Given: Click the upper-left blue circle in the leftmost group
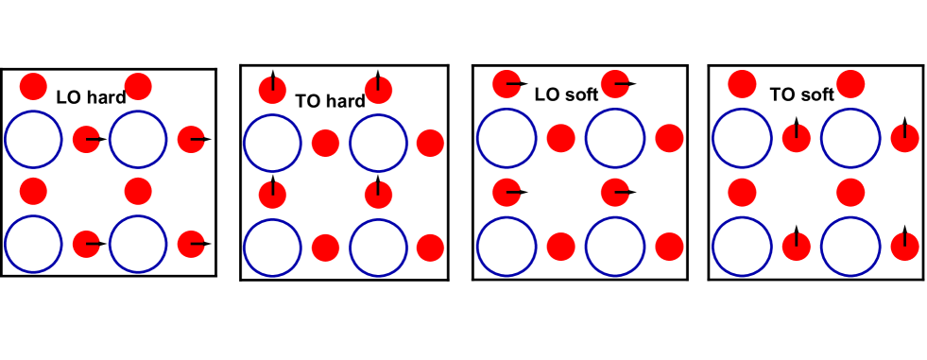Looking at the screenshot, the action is pyautogui.click(x=34, y=139).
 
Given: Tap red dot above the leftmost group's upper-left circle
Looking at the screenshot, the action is pyautogui.click(x=33, y=87).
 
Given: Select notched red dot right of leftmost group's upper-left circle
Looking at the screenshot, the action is pyautogui.click(x=86, y=139).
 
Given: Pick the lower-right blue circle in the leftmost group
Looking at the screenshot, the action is pyautogui.click(x=138, y=244).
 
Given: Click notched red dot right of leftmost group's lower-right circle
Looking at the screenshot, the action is pyautogui.click(x=191, y=244).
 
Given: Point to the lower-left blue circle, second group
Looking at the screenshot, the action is pyautogui.click(x=272, y=248).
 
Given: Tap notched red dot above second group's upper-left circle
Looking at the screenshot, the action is pyautogui.click(x=272, y=91).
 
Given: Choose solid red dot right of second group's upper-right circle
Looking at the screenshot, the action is pyautogui.click(x=430, y=143).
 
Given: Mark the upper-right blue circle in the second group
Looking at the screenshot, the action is pyautogui.click(x=378, y=143).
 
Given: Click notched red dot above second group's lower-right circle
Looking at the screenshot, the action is pyautogui.click(x=378, y=195).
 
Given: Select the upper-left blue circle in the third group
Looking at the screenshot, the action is pyautogui.click(x=506, y=138).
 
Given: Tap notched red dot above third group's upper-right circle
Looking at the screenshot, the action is pyautogui.click(x=614, y=84).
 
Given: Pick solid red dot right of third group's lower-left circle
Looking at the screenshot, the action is pyautogui.click(x=560, y=247).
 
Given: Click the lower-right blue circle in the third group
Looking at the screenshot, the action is pyautogui.click(x=614, y=247).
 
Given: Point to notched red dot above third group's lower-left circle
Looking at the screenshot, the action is pyautogui.click(x=506, y=193).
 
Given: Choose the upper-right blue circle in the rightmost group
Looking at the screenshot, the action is pyautogui.click(x=850, y=138).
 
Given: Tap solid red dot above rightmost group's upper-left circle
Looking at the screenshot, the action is pyautogui.click(x=742, y=84).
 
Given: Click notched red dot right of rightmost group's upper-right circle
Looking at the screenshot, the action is pyautogui.click(x=904, y=138).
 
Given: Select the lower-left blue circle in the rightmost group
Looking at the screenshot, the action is pyautogui.click(x=742, y=247).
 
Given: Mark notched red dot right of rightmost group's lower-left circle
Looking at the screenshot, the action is pyautogui.click(x=796, y=247).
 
